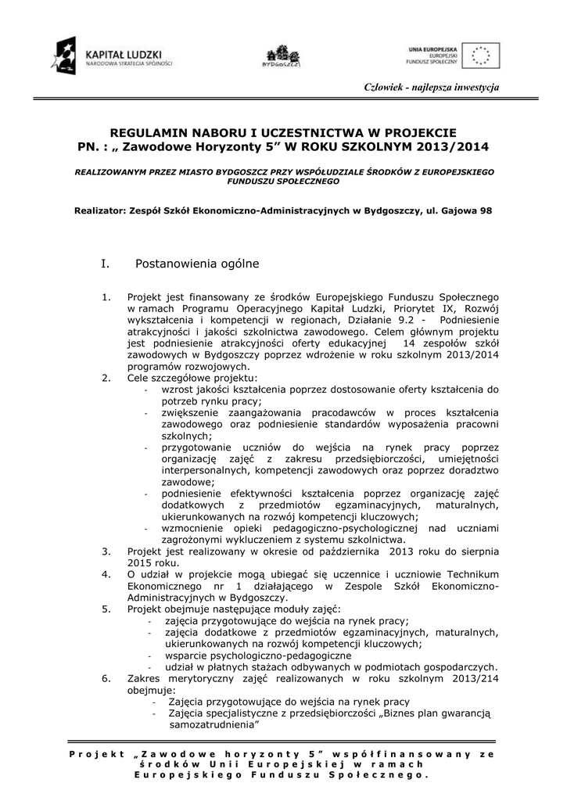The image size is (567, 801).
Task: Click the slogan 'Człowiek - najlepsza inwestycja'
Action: coord(432,86)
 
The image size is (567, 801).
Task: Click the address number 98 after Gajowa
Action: coord(486,210)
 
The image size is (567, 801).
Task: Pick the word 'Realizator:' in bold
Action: coord(98,210)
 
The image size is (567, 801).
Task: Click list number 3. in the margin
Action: coord(106,551)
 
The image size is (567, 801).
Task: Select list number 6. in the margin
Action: coord(106,678)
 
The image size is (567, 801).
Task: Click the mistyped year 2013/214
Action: coord(472,678)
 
